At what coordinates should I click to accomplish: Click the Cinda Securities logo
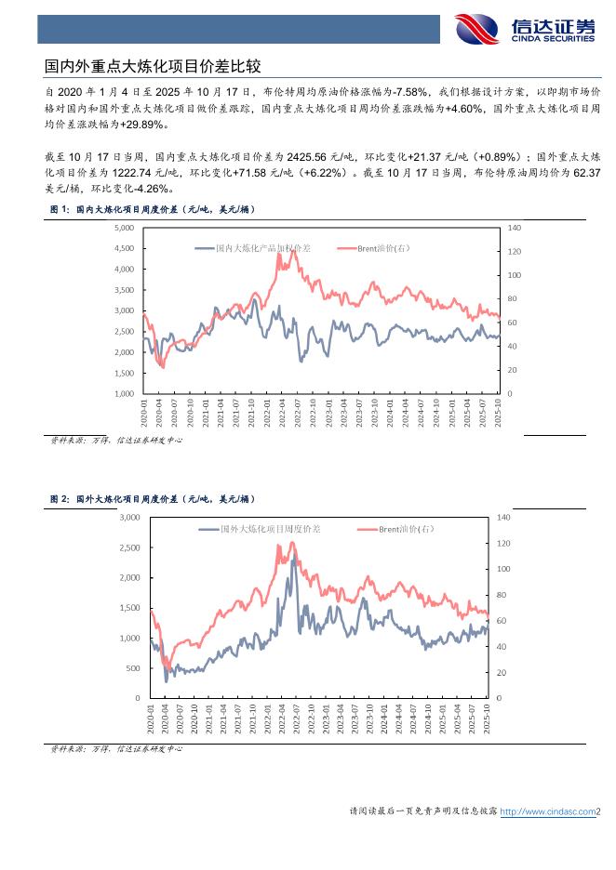coord(524,31)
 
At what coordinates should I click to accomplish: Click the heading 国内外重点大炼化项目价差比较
coord(153,67)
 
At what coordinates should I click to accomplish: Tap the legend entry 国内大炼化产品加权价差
coord(262,249)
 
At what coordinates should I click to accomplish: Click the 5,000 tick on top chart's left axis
coord(122,228)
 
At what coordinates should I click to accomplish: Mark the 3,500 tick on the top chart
coord(122,290)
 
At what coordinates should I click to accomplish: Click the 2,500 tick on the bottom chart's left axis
coord(128,547)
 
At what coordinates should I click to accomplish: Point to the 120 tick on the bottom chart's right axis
coord(503,543)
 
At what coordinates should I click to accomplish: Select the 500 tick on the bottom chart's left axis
coord(132,668)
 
